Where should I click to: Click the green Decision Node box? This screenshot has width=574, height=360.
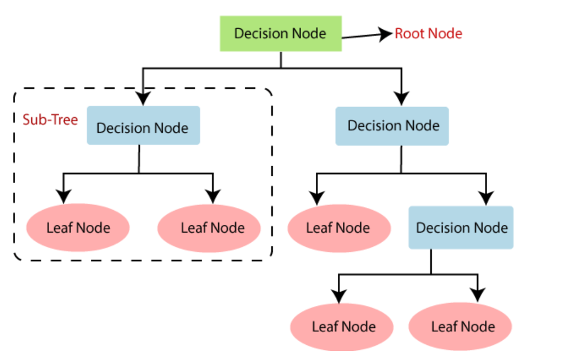(280, 33)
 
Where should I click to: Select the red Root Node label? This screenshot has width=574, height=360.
(428, 34)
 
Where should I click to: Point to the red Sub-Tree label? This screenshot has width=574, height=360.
(50, 120)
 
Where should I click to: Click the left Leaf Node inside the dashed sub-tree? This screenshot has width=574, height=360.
(78, 228)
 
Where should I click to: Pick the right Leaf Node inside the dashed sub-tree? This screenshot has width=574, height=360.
(209, 228)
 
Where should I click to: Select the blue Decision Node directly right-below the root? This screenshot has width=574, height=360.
(392, 126)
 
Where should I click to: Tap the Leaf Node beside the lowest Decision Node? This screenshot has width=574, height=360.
(338, 228)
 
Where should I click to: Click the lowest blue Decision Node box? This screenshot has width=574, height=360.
(461, 228)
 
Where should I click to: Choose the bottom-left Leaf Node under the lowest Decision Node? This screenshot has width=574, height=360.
(343, 327)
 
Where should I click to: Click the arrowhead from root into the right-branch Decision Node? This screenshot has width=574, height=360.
(401, 99)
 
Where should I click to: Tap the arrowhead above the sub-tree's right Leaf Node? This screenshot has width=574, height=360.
(213, 196)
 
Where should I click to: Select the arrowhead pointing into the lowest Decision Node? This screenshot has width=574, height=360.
(485, 198)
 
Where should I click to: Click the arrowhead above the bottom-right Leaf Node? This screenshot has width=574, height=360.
(478, 295)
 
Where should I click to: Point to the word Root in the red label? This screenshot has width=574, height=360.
(407, 34)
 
